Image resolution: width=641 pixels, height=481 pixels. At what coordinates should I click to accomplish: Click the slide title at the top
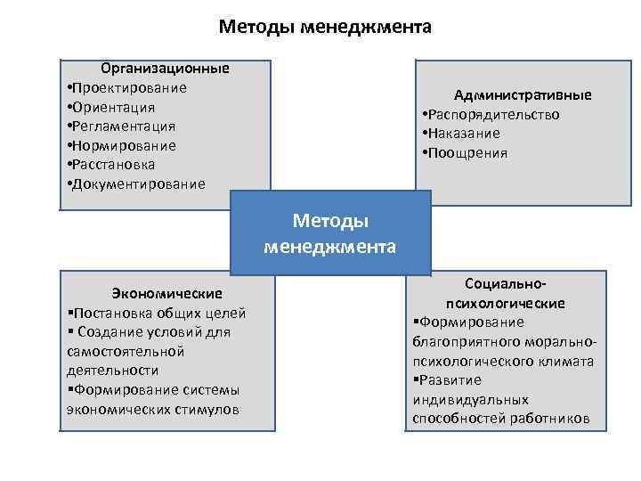[325, 27]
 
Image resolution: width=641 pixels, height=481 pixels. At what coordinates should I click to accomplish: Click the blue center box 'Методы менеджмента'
[330, 233]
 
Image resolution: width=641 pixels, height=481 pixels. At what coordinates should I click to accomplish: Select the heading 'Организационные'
[165, 68]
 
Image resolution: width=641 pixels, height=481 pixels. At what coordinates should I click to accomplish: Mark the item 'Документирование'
[139, 184]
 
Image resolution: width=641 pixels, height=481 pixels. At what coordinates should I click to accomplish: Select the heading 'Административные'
[523, 95]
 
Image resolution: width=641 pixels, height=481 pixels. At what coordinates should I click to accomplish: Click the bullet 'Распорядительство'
[494, 114]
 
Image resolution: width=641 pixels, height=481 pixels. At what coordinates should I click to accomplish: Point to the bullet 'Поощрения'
[468, 153]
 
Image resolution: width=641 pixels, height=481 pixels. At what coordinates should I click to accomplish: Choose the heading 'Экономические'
[166, 293]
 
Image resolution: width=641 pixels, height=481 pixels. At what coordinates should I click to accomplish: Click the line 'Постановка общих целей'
[156, 313]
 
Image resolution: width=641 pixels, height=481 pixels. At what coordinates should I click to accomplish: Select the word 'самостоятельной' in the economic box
[118, 351]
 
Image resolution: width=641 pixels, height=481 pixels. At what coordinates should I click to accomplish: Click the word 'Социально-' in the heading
[506, 284]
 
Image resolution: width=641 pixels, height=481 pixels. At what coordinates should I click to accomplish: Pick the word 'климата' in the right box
[564, 362]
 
